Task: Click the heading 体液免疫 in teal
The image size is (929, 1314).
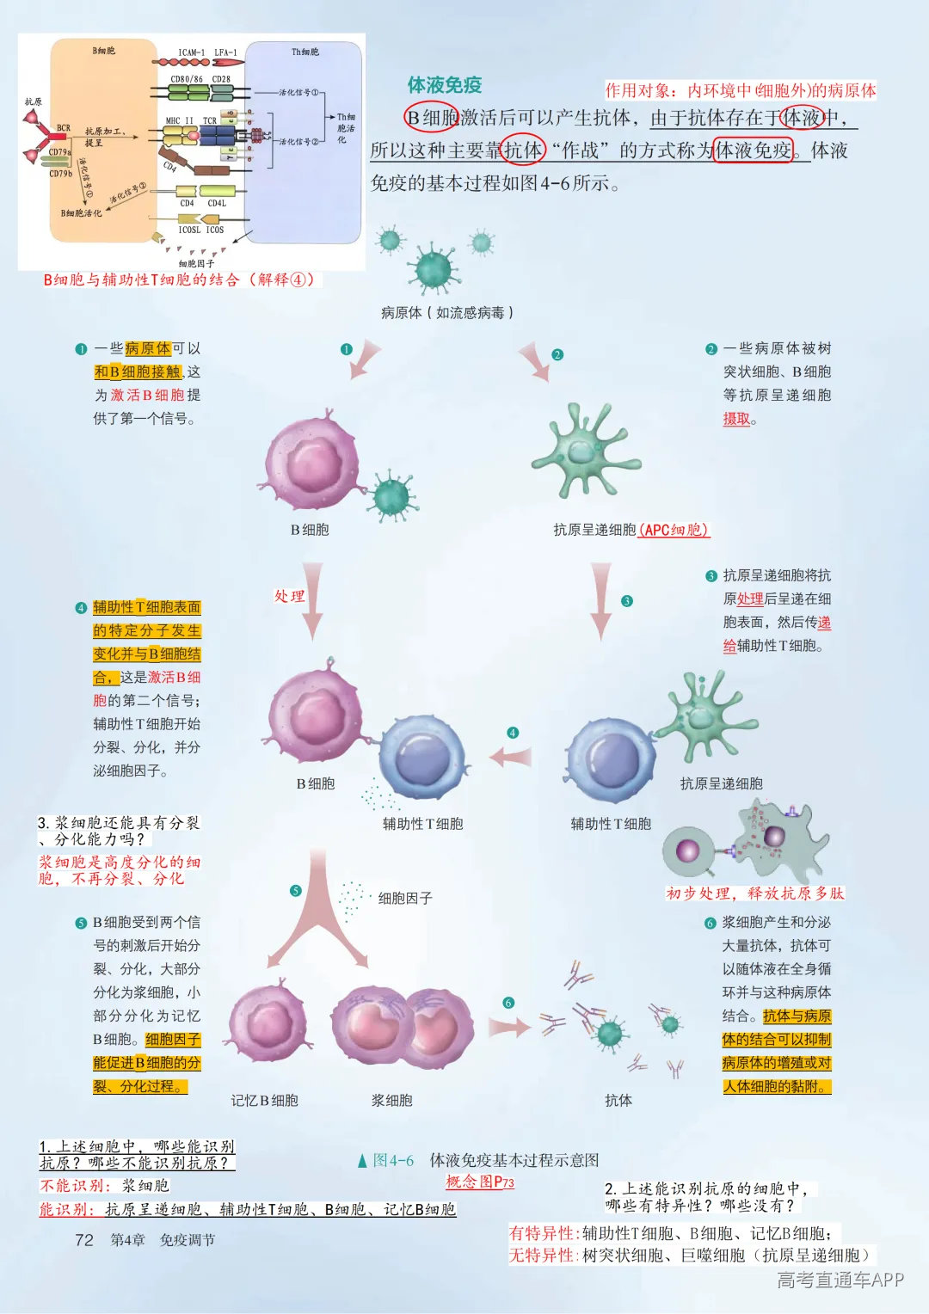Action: click(x=444, y=85)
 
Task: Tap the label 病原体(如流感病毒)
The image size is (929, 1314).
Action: click(x=447, y=313)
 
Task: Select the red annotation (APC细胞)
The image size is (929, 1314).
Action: click(x=674, y=530)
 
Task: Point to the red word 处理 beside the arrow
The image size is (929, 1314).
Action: click(x=290, y=596)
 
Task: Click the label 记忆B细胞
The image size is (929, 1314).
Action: click(x=264, y=1100)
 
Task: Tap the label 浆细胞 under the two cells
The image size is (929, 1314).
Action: click(x=391, y=1100)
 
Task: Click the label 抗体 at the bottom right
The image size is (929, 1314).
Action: click(x=618, y=1100)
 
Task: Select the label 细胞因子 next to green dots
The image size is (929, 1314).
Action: click(x=405, y=898)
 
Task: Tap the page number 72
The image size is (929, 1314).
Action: click(x=84, y=1239)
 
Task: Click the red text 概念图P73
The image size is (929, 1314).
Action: click(x=479, y=1182)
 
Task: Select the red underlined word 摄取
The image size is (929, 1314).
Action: click(x=736, y=419)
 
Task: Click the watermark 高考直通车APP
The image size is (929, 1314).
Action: click(x=840, y=1280)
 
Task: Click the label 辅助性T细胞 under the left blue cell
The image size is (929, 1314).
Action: click(x=422, y=823)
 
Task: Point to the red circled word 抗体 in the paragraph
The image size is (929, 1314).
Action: click(x=523, y=150)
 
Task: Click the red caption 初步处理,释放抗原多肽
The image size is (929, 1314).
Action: click(x=754, y=893)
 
